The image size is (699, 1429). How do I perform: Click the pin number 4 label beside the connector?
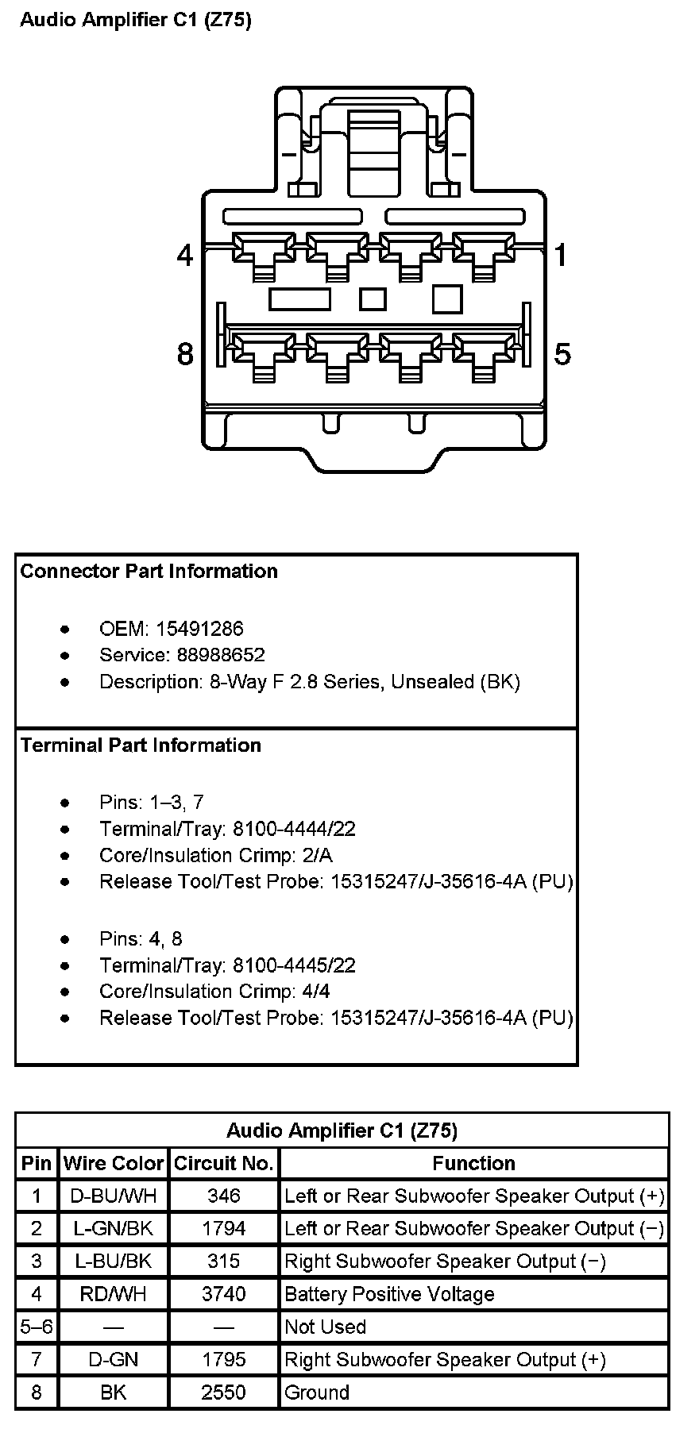pyautogui.click(x=185, y=255)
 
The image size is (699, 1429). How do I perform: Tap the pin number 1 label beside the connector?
pyautogui.click(x=561, y=255)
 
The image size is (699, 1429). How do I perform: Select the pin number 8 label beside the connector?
pyautogui.click(x=185, y=353)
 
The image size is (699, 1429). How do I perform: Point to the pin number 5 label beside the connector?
pyautogui.click(x=562, y=353)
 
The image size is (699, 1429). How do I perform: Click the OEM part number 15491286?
pyautogui.click(x=199, y=629)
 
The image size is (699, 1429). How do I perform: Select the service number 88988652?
pyautogui.click(x=210, y=655)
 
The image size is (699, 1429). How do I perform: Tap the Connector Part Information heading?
pyautogui.click(x=149, y=571)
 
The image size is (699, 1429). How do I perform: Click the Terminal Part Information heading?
pyautogui.click(x=141, y=745)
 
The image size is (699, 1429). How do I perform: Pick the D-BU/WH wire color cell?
pyautogui.click(x=114, y=1196)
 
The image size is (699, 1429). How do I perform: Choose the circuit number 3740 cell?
pyautogui.click(x=224, y=1294)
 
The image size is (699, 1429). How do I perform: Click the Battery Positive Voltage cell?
pyautogui.click(x=389, y=1294)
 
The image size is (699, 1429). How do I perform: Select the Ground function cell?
pyautogui.click(x=317, y=1392)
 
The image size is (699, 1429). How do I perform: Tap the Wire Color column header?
pyautogui.click(x=114, y=1163)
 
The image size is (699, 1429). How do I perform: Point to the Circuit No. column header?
pyautogui.click(x=224, y=1163)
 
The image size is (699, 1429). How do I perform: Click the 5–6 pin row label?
pyautogui.click(x=36, y=1327)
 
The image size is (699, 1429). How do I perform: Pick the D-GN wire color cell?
pyautogui.click(x=114, y=1359)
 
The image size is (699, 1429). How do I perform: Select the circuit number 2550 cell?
pyautogui.click(x=224, y=1392)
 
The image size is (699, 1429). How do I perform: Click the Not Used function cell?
pyautogui.click(x=326, y=1327)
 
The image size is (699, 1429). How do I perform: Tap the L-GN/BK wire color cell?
pyautogui.click(x=114, y=1228)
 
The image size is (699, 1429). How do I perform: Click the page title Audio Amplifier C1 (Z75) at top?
pyautogui.click(x=135, y=21)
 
